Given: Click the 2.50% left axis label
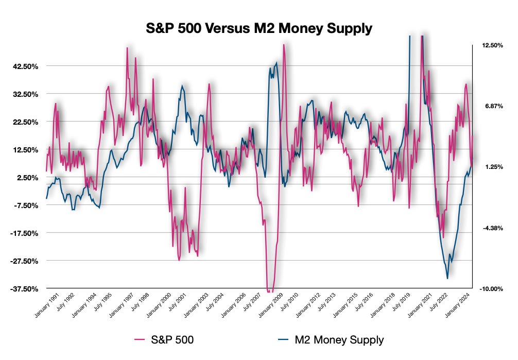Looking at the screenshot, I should (22, 177).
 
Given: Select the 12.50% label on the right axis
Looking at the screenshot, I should (492, 45).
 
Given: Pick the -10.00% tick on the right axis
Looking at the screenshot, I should (492, 288).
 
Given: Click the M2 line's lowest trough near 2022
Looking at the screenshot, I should (447, 279).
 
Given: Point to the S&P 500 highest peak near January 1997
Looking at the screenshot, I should (127, 48).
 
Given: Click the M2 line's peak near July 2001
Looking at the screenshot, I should (182, 86).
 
